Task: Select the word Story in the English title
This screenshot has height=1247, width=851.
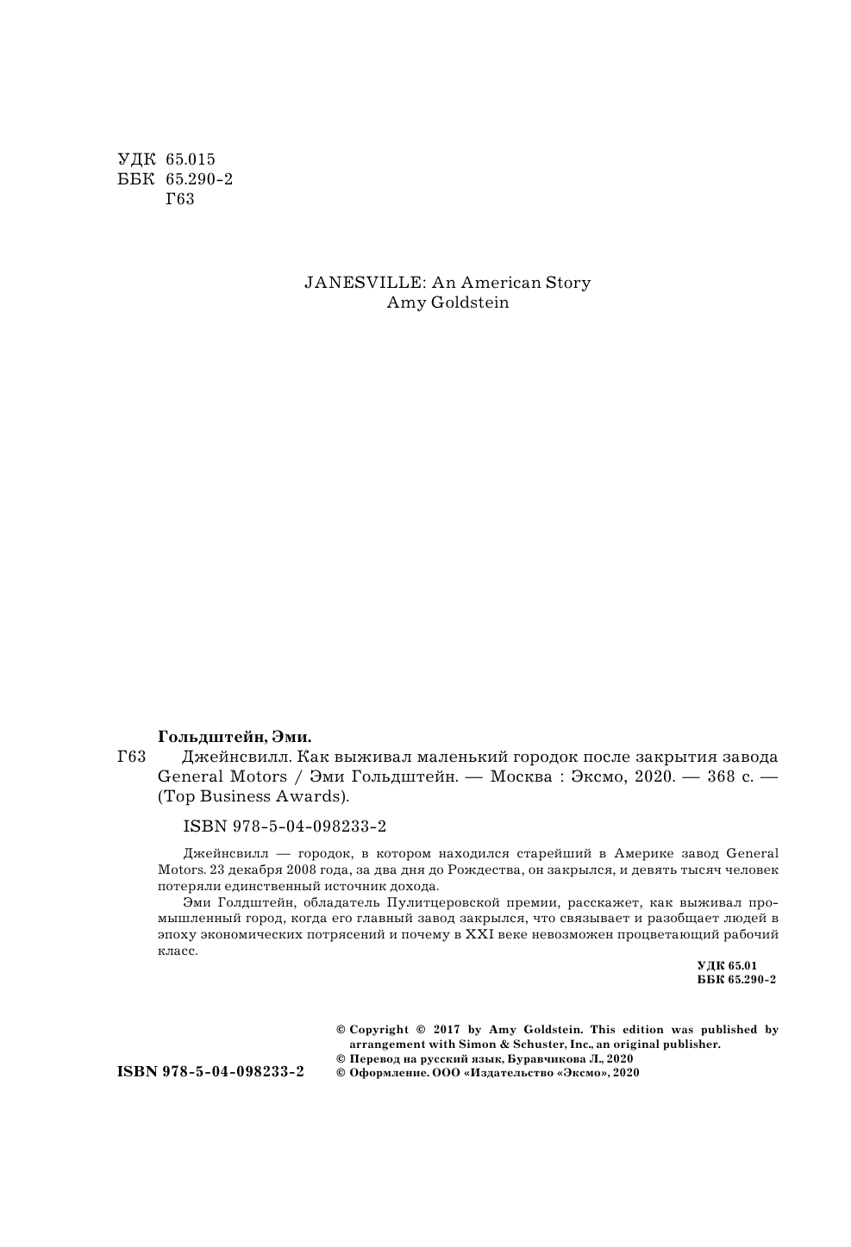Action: [x=568, y=283]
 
